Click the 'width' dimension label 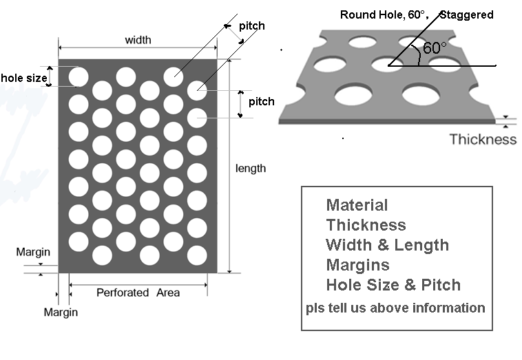click(138, 40)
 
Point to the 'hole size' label click(24, 78)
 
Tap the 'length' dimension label click(251, 168)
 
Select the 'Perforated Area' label click(138, 293)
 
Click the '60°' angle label click(435, 48)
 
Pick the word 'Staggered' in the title click(466, 14)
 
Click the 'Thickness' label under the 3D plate click(483, 139)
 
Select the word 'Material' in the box click(357, 205)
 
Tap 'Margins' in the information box click(357, 265)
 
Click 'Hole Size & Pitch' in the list click(393, 285)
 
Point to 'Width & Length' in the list click(388, 245)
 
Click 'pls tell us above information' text click(395, 308)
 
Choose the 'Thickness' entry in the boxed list click(366, 225)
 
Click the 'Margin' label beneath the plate click(61, 312)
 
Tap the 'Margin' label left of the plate click(33, 252)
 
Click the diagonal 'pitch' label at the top click(252, 25)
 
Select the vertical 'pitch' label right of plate click(262, 101)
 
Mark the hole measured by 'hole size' click(79, 77)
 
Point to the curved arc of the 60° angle click(418, 54)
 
